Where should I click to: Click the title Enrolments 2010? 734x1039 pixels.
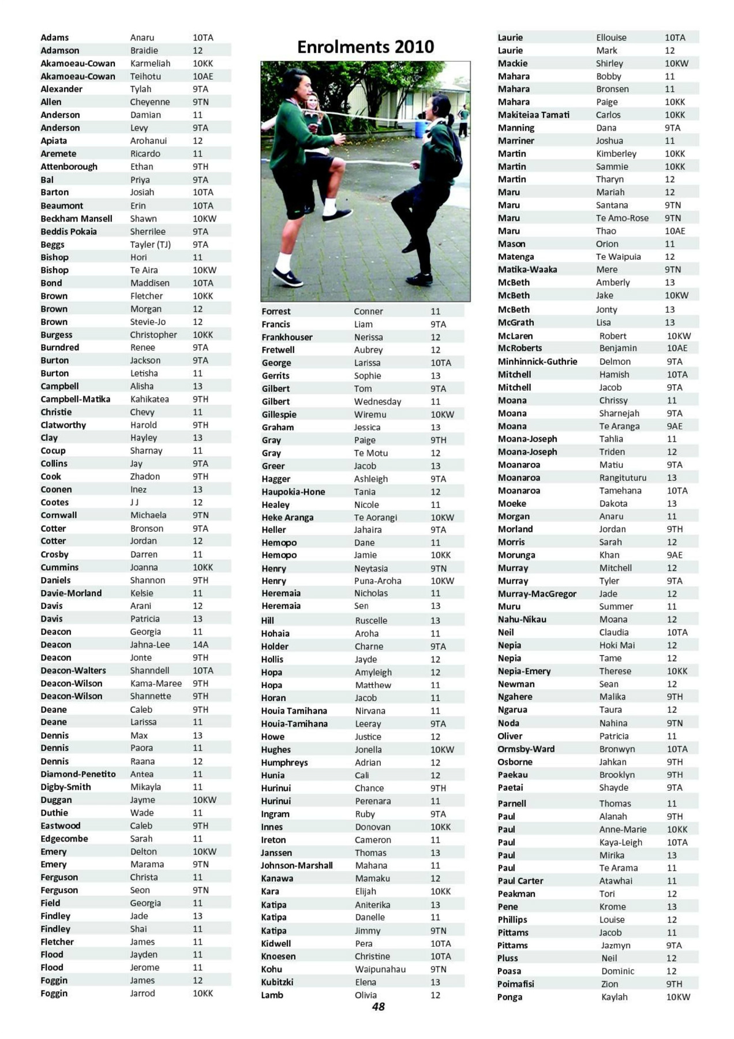click(365, 47)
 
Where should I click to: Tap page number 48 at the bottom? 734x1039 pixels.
click(378, 1007)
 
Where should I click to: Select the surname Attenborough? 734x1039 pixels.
click(69, 167)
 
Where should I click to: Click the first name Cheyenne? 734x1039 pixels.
click(149, 102)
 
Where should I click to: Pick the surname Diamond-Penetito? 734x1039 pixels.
click(78, 774)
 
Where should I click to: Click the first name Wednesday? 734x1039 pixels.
click(377, 402)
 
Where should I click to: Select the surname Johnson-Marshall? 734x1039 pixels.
click(297, 865)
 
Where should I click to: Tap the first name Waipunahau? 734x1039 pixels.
click(380, 969)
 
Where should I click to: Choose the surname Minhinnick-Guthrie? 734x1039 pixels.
click(537, 361)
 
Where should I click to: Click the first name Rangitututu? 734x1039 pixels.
click(623, 478)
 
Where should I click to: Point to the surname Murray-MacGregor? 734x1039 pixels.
click(537, 594)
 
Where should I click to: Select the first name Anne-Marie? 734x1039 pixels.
click(623, 829)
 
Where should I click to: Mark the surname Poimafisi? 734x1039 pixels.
click(515, 984)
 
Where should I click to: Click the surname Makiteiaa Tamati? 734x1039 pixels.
click(533, 115)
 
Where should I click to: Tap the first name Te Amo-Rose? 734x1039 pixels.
click(622, 218)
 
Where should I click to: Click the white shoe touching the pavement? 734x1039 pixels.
click(287, 279)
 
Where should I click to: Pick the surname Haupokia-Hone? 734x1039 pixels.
click(293, 492)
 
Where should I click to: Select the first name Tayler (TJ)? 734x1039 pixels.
click(150, 245)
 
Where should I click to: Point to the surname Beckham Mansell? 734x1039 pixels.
click(76, 219)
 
